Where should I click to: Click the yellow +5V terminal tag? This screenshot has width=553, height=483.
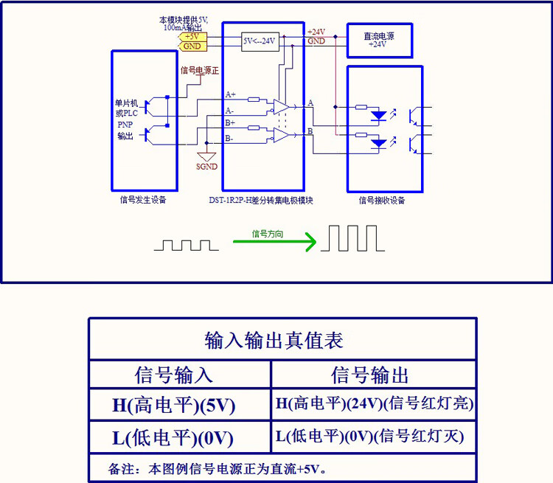pos(192,36)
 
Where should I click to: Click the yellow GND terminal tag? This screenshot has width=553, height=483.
pos(192,46)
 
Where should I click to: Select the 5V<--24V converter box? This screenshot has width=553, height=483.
pos(260,41)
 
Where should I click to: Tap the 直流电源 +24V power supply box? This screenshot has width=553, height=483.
pos(379,40)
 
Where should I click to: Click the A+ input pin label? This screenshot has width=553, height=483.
pos(231,95)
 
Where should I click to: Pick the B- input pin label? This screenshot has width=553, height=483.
pos(230,138)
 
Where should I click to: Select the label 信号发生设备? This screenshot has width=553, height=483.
pos(143,199)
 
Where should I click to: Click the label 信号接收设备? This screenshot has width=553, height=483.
pos(382,200)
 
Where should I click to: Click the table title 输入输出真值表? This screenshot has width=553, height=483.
pos(274,341)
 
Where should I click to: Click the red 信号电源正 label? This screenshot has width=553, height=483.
pos(200,70)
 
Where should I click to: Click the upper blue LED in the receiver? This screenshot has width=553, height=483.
pos(378,115)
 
